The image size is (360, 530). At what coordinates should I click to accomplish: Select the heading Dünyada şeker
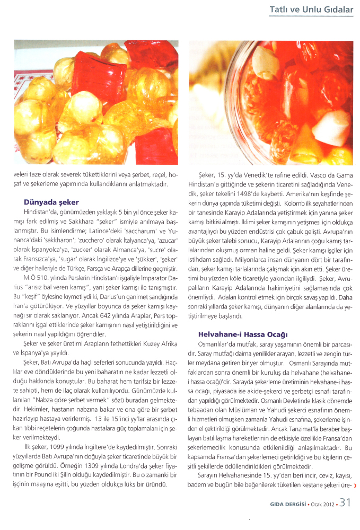(x=51, y=202)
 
